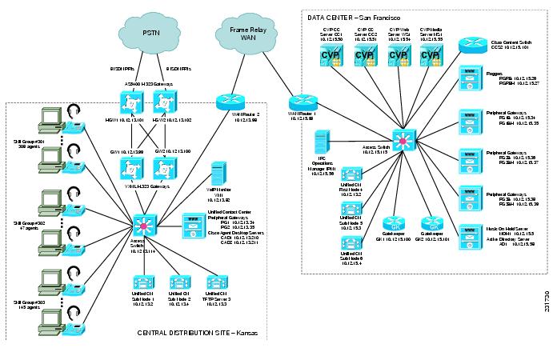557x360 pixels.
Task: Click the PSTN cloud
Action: coord(151,33)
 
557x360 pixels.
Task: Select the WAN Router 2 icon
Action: coord(226,102)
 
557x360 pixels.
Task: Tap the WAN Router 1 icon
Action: coord(303,102)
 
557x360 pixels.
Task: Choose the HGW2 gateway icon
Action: coord(163,103)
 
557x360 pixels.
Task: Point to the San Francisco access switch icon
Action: coord(407,140)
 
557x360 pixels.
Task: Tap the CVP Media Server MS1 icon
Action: coord(431,56)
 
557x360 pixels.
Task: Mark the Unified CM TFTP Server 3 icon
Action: coord(214,283)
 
